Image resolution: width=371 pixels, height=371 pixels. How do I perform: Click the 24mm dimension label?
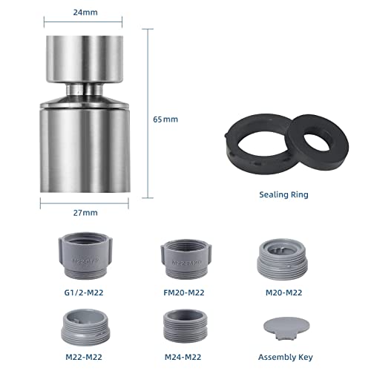85,13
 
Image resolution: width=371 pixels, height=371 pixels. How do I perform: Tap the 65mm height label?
165,119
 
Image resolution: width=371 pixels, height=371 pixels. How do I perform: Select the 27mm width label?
85,213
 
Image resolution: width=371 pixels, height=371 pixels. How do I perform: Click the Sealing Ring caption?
283,194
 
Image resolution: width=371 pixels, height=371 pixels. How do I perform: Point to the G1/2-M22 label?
84,292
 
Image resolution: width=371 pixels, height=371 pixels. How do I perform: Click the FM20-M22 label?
184,292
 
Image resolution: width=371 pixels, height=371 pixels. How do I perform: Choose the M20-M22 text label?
283,292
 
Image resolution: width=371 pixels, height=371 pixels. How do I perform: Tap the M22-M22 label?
84,357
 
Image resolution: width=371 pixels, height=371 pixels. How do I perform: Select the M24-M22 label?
183,357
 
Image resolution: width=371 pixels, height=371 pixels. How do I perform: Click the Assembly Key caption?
286,358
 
